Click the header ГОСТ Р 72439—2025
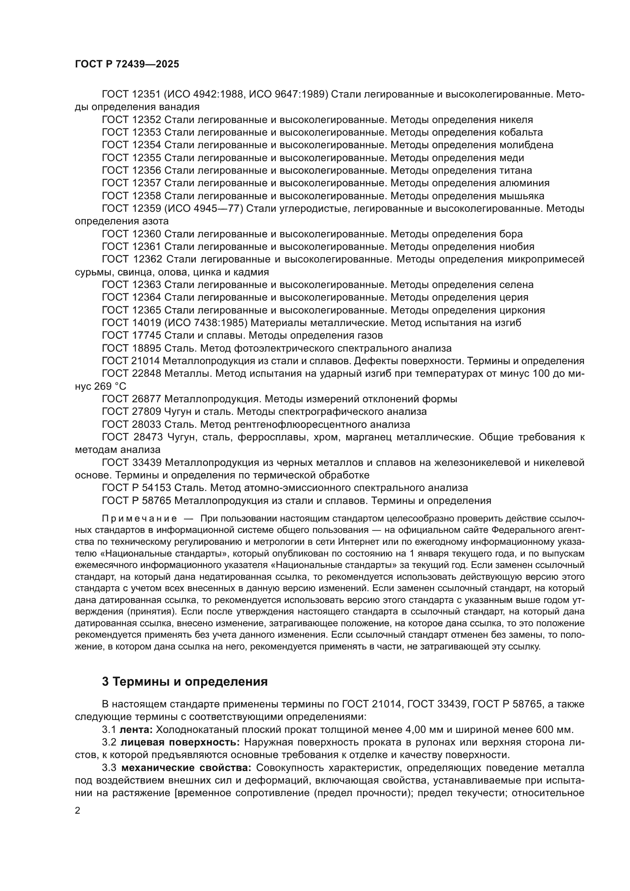[x=127, y=64]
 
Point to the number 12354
[x=146, y=145]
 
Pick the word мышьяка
[x=521, y=195]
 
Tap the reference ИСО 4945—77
[x=205, y=208]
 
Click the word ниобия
[x=517, y=246]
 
